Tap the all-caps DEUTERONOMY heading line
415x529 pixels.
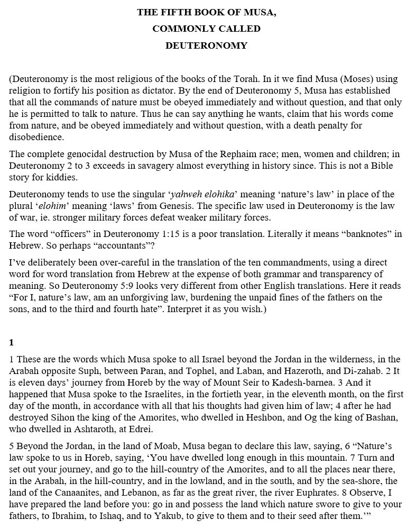point(206,45)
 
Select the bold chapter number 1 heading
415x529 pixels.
point(12,342)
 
